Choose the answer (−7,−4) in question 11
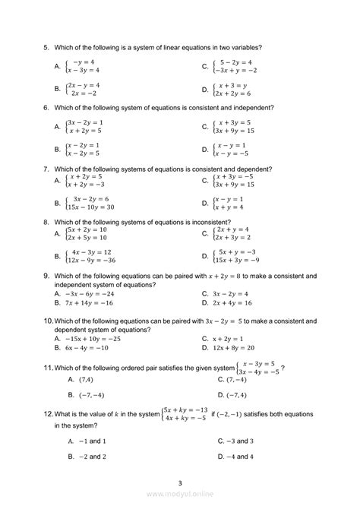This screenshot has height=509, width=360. pyautogui.click(x=87, y=395)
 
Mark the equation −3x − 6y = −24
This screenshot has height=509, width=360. pyautogui.click(x=90, y=292)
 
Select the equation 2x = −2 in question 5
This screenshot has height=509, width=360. pyautogui.click(x=82, y=92)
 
